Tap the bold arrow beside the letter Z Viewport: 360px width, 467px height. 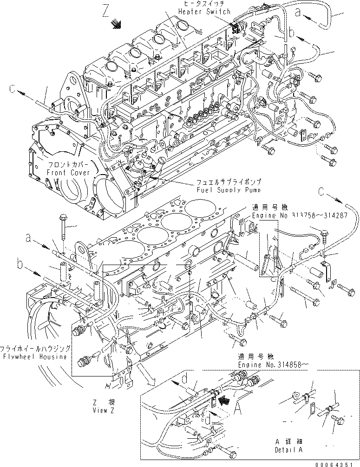tap(118, 24)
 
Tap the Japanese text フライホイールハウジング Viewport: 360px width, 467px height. tap(36, 348)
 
